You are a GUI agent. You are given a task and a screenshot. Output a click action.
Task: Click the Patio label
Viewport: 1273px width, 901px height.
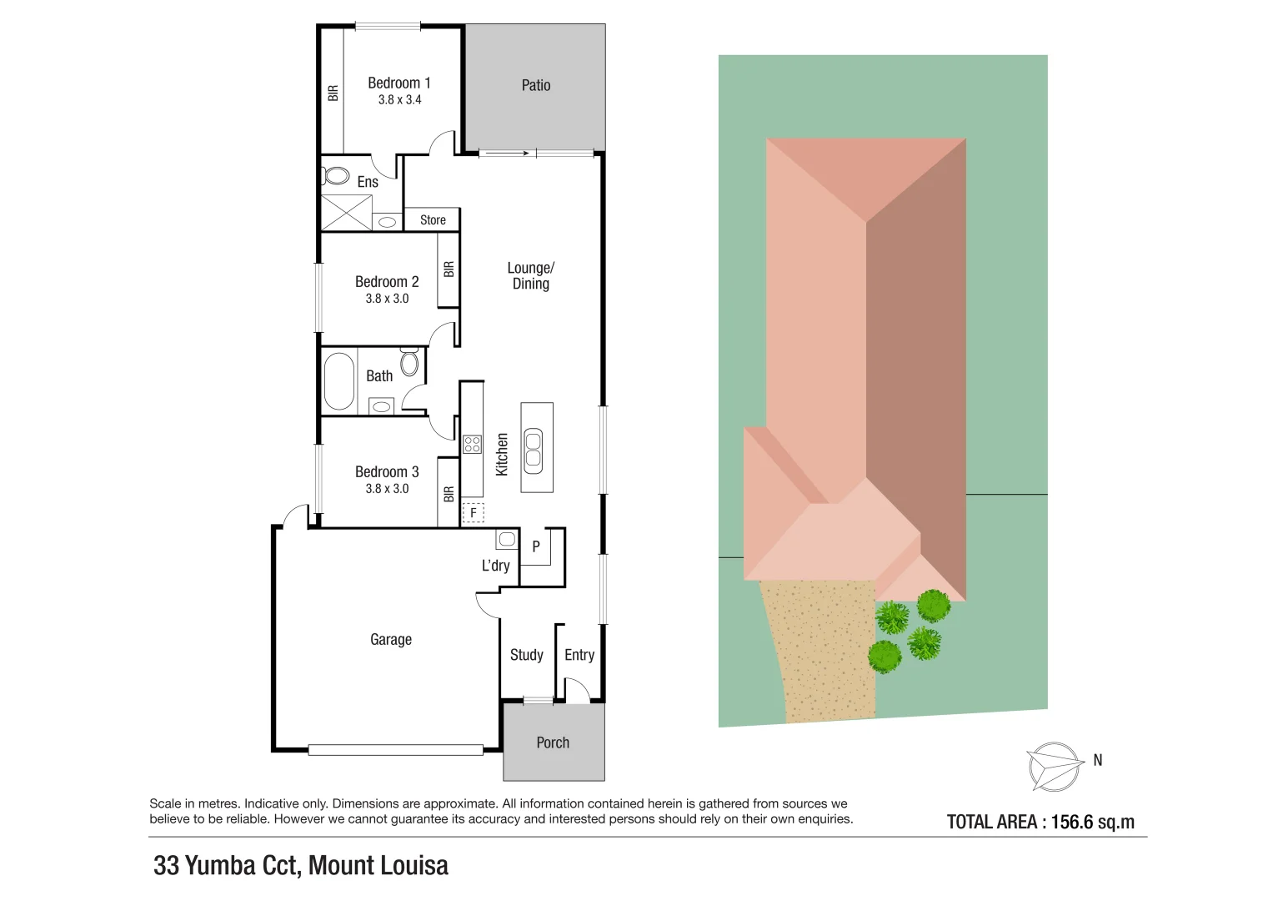(535, 85)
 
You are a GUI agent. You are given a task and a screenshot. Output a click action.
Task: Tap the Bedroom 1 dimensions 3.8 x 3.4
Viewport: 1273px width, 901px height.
(399, 100)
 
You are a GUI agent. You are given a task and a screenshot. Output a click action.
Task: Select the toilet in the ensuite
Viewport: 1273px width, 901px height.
(336, 176)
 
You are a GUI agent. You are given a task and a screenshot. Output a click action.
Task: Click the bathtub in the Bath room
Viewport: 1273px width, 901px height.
(338, 381)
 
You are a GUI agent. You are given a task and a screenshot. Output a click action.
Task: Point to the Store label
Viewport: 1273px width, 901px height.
(433, 220)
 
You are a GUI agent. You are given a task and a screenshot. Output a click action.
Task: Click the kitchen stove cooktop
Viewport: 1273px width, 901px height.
(472, 445)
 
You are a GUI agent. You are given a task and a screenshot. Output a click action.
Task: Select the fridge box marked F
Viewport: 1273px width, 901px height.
(473, 512)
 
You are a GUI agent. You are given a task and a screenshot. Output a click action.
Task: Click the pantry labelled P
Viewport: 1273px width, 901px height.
(536, 547)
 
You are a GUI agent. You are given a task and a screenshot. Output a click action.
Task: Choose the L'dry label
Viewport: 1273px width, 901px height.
(495, 566)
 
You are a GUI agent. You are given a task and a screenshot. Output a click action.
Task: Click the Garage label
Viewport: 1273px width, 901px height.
(390, 640)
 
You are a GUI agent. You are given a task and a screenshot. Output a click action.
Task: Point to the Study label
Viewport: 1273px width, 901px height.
(526, 655)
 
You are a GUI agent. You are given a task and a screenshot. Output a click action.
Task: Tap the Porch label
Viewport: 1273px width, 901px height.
(553, 742)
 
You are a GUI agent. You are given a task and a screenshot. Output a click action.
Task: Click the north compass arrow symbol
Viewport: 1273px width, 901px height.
(1053, 766)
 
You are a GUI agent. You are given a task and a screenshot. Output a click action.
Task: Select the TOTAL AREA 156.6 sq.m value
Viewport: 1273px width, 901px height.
(1092, 822)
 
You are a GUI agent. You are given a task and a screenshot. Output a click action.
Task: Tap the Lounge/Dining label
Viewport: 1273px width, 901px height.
(530, 276)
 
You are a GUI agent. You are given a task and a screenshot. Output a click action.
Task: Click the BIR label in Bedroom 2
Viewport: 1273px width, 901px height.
(449, 269)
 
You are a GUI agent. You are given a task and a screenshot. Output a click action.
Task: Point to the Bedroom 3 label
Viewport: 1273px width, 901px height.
(387, 472)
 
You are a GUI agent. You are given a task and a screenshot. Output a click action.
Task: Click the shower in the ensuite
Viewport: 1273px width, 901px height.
(346, 212)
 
